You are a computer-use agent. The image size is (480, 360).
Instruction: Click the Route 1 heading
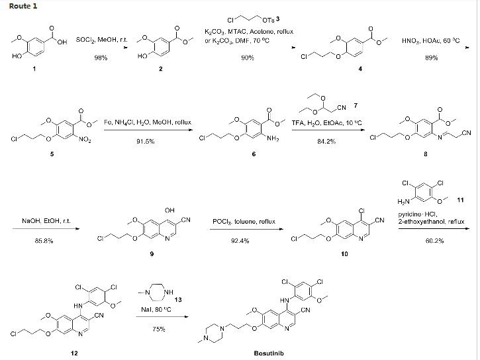point(20,6)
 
